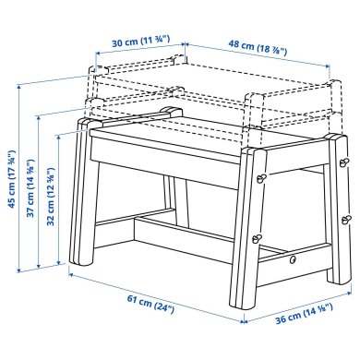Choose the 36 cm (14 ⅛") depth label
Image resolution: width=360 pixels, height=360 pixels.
tap(303, 323)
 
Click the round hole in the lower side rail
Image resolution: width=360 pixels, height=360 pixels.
tap(294, 260)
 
